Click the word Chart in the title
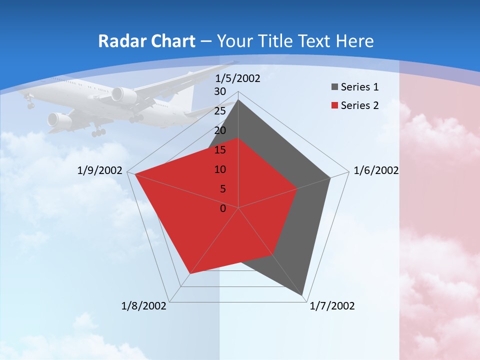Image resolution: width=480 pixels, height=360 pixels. coord(168,41)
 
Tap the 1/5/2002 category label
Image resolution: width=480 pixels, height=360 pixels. coord(238,78)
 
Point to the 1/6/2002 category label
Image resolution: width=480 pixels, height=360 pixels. coord(376,170)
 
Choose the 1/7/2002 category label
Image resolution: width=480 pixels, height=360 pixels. coord(332,306)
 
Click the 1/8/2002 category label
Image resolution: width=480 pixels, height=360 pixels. coord(144,306)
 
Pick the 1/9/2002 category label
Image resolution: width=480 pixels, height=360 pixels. coord(100,170)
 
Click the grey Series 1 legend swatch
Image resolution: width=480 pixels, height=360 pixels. coord(334,87)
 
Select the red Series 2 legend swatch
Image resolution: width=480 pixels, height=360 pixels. coord(334,105)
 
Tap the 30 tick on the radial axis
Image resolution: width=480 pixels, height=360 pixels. coord(220,91)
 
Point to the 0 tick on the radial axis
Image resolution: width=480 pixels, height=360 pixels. coord(223,208)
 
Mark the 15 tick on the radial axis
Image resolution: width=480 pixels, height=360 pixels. coord(220,150)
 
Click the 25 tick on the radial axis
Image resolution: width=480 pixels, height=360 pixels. coord(220,111)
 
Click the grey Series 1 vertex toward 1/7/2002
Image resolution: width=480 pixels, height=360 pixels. coord(303,295)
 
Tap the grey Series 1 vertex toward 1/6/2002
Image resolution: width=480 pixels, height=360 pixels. coord(330,177)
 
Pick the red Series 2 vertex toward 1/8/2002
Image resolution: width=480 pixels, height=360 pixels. coord(189,274)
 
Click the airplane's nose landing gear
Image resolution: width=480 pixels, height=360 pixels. coord(30,104)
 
